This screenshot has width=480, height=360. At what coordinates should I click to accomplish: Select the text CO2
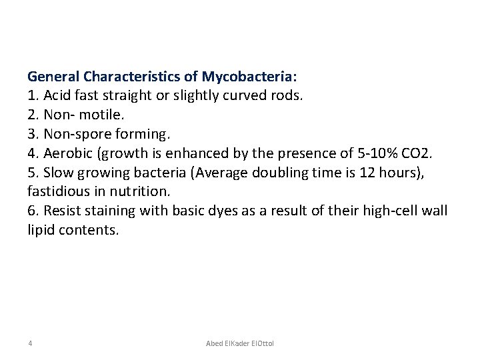coord(417,153)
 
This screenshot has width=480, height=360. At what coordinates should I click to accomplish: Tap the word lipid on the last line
coord(41,231)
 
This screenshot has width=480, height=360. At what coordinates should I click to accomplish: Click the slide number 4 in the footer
coord(31,343)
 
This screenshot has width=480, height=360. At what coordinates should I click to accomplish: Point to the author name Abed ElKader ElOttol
coord(240,343)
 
